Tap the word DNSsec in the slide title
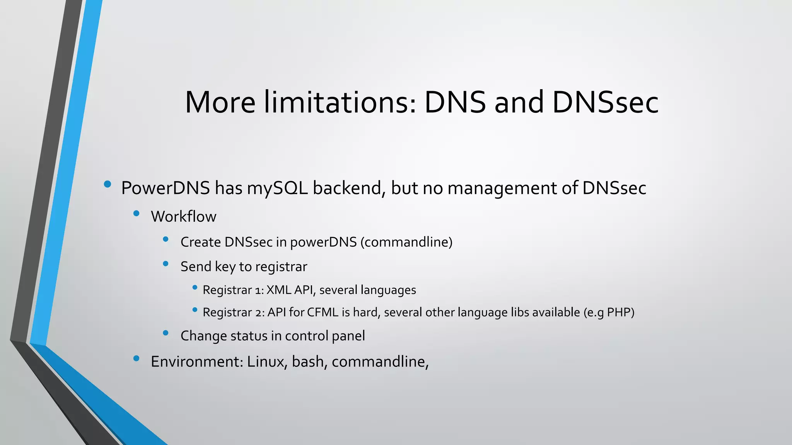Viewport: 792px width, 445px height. coord(605,102)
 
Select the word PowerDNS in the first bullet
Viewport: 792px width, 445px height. coord(166,188)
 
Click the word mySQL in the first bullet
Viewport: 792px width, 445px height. coord(277,188)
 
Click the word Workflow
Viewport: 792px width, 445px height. coord(183,217)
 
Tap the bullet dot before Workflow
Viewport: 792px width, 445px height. coord(136,214)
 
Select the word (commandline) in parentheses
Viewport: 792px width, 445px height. coord(406,242)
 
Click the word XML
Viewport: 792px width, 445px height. coord(278,290)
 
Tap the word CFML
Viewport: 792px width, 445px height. coord(323,312)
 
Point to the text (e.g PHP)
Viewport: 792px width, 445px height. coord(609,312)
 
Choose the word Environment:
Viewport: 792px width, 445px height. coord(197,362)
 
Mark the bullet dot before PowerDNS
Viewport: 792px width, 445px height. coord(108,184)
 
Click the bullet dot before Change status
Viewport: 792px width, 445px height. coord(166,333)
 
